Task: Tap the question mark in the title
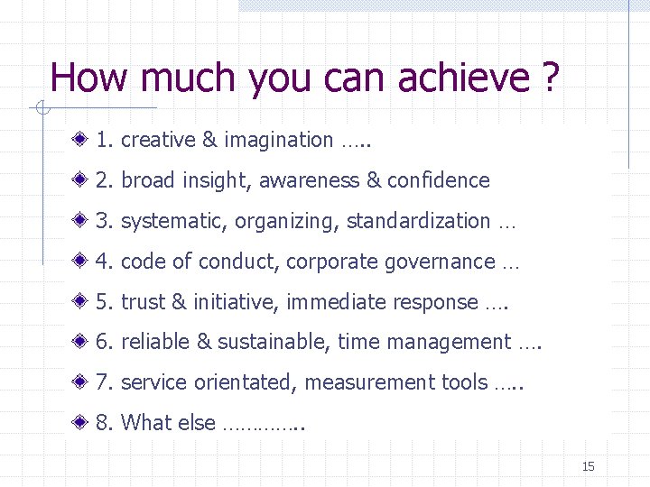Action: coord(551,78)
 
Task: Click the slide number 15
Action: coord(589,466)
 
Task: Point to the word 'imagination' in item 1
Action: coord(278,140)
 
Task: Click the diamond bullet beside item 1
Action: coord(82,140)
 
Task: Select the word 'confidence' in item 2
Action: coord(438,180)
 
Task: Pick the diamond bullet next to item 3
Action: coord(82,221)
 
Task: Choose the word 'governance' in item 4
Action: coord(440,262)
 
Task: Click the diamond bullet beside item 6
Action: coord(82,342)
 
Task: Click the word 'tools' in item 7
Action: coord(464,382)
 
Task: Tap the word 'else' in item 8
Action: coord(198,423)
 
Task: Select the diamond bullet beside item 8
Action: coord(82,423)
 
